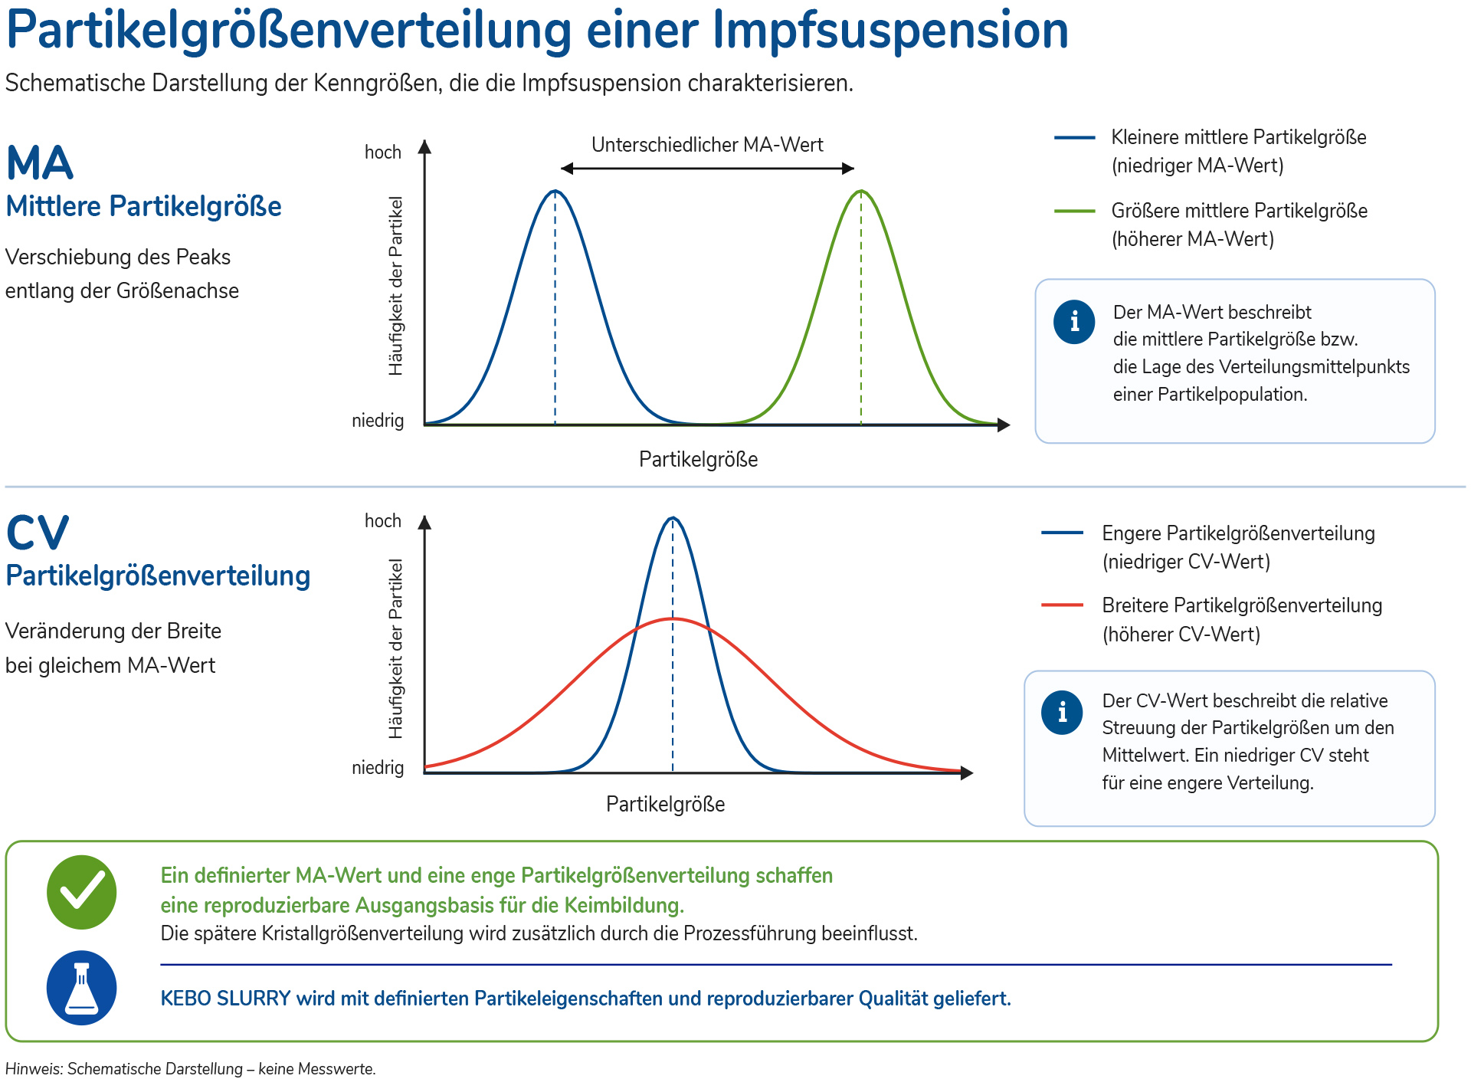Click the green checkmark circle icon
tap(81, 892)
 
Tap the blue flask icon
tap(81, 988)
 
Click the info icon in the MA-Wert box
tap(1074, 321)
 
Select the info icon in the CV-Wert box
tap(1062, 713)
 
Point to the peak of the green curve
tap(861, 191)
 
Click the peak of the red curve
tap(673, 618)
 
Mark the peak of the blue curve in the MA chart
tap(555, 191)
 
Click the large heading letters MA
tap(40, 163)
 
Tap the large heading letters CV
tap(38, 533)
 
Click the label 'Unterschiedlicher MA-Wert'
tap(707, 145)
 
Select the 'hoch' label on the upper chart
tap(383, 153)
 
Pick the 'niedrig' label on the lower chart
tap(378, 768)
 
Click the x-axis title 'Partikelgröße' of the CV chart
tap(665, 804)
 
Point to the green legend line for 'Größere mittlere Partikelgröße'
tap(1074, 211)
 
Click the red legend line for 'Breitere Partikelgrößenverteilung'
tap(1062, 605)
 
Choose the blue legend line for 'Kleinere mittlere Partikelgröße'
tap(1074, 138)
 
